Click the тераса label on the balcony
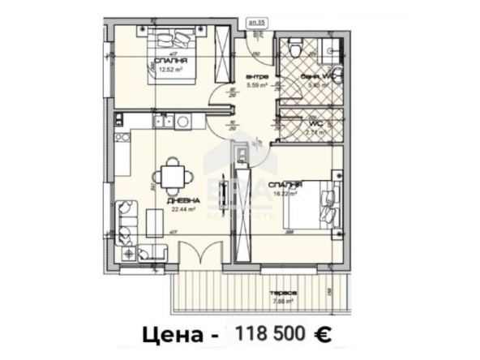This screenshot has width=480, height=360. point(285,293)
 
